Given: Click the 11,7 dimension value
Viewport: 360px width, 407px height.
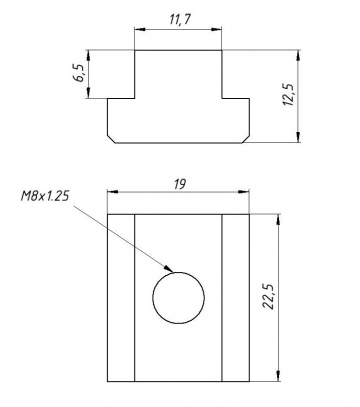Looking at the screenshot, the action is (x=180, y=20).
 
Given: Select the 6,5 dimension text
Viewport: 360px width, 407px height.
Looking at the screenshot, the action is (x=80, y=74).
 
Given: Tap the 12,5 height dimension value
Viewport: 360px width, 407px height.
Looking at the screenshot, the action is (x=288, y=95).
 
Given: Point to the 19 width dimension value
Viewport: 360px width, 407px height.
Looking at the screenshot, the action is (x=180, y=184).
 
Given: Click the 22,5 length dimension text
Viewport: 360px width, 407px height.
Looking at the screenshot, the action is (x=268, y=297).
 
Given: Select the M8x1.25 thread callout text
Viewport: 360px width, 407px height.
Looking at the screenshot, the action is (x=45, y=196).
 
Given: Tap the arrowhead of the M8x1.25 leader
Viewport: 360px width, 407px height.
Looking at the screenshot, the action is (x=168, y=268).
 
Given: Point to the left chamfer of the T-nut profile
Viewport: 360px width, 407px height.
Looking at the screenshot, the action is (x=111, y=140).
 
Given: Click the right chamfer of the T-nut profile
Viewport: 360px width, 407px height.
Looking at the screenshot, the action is (x=246, y=140).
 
